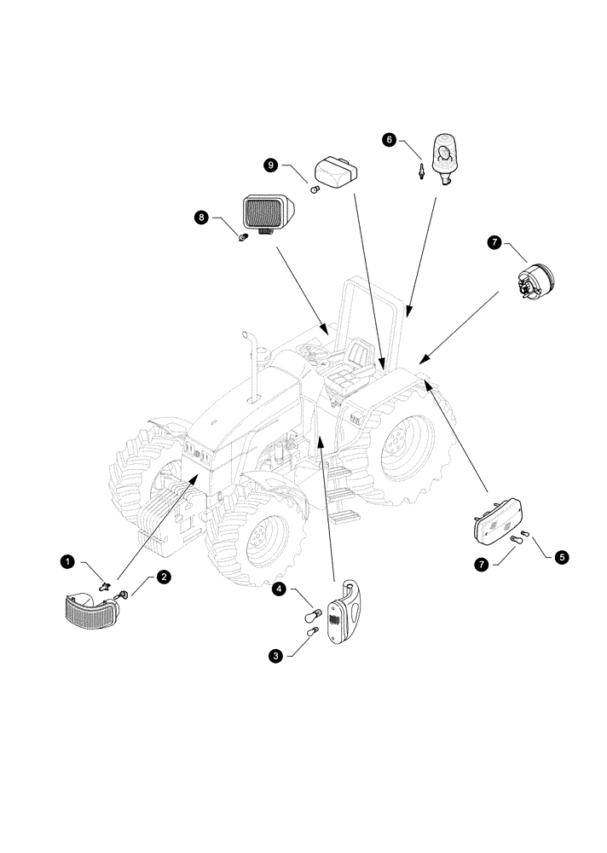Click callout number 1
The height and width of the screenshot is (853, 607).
point(68,561)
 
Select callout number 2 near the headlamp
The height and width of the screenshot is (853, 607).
point(164,577)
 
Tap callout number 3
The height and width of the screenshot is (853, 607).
point(276,655)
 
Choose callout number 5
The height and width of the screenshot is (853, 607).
point(560,557)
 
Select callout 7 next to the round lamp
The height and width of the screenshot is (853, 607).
point(494,243)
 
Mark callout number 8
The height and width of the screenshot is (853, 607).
point(202,218)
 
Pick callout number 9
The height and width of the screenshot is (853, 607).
point(271,165)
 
